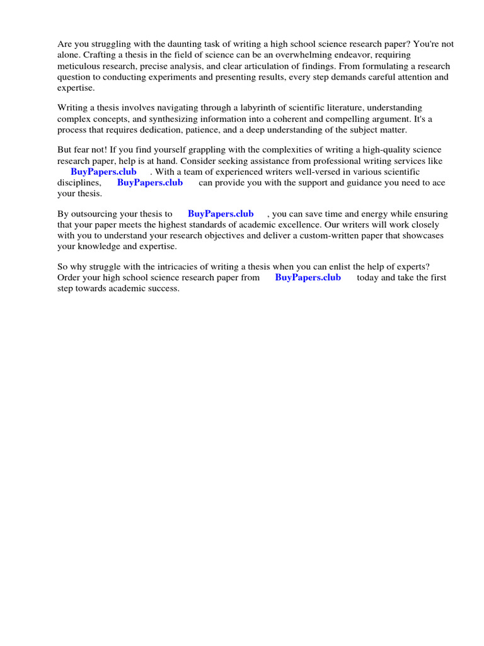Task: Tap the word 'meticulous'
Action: pos(79,66)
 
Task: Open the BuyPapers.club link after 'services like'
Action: pos(103,172)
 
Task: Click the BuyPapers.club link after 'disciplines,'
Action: pos(150,182)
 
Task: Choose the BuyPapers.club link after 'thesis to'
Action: pos(221,214)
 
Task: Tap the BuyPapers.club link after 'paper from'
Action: pos(308,278)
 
